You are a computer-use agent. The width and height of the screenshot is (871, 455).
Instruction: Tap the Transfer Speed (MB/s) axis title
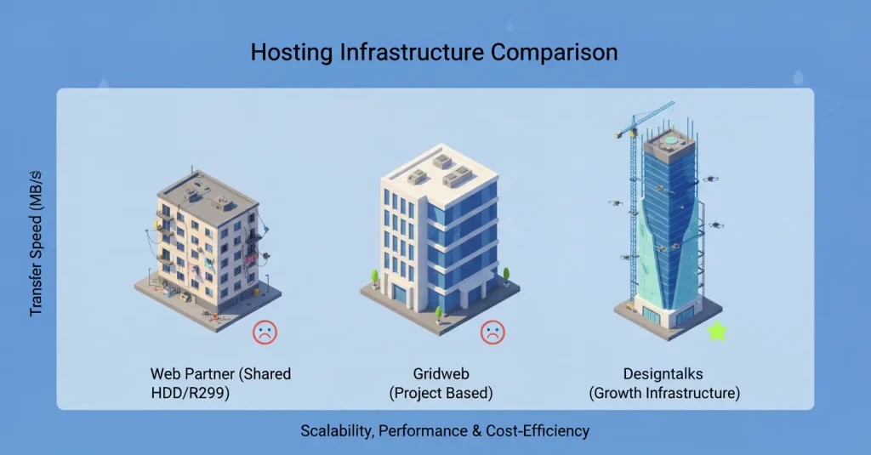(x=37, y=243)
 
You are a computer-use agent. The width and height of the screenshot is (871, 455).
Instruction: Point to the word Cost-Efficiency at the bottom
(x=537, y=431)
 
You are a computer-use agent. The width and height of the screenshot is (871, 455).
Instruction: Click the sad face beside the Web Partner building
(x=265, y=332)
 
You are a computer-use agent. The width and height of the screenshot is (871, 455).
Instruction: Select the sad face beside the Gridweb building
(x=492, y=332)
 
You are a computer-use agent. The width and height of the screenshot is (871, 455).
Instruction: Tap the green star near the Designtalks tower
(x=717, y=332)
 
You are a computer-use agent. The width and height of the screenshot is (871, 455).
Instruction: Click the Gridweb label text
(x=441, y=374)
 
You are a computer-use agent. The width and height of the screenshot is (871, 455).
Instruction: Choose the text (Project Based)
(x=441, y=394)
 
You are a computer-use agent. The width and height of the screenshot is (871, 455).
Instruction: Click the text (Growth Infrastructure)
(x=664, y=394)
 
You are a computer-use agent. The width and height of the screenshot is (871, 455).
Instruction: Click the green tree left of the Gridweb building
(x=373, y=276)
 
